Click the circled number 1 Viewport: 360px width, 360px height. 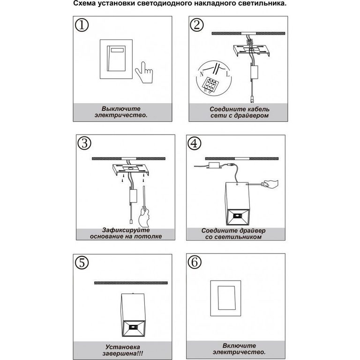82,25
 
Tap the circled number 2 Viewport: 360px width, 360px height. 197,25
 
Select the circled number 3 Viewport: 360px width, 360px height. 84,143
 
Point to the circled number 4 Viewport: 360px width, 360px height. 195,143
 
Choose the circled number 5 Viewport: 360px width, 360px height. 82,262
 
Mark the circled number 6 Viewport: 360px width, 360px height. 195,262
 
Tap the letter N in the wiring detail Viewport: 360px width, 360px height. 202,74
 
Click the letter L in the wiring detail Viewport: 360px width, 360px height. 228,74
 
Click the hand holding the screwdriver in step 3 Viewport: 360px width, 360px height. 144,217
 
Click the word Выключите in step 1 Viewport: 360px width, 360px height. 121,109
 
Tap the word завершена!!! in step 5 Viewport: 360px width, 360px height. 123,353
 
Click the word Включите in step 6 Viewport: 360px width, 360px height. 239,345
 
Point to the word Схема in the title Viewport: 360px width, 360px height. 84,4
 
